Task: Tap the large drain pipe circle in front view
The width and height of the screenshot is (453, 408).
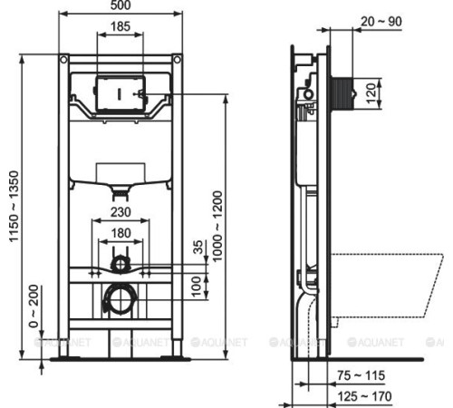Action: pyautogui.click(x=119, y=300)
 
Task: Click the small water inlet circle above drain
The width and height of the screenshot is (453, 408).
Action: pyautogui.click(x=119, y=264)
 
